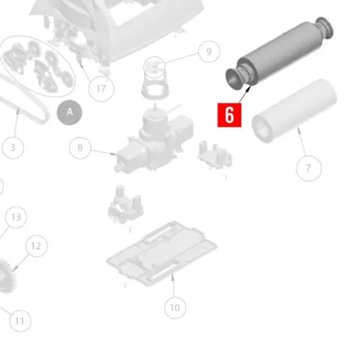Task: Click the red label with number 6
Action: (229, 114)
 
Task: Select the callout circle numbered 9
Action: (208, 52)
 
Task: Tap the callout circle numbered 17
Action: (102, 89)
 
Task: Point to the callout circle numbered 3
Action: (13, 148)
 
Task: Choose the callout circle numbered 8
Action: (81, 148)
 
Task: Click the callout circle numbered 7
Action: (308, 168)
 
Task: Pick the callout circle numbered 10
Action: (174, 307)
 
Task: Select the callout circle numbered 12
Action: (37, 246)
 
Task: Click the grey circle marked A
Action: (70, 112)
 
